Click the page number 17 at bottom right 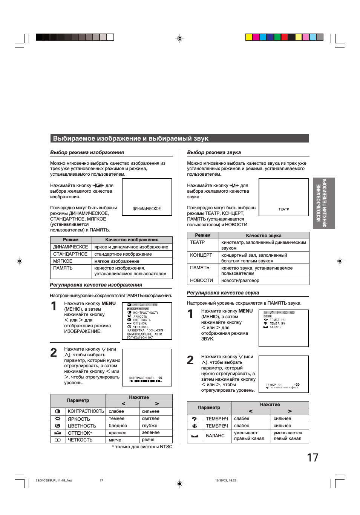pyautogui.click(x=313, y=457)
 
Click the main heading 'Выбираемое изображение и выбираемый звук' pyautogui.click(x=130, y=138)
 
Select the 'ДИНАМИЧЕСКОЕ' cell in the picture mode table pyautogui.click(x=70, y=247)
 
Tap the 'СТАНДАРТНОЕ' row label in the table pyautogui.click(x=70, y=254)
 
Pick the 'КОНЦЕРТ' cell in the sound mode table pyautogui.click(x=201, y=255)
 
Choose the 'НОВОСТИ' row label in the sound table pyautogui.click(x=201, y=280)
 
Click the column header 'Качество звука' pyautogui.click(x=263, y=236)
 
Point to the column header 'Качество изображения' pyautogui.click(x=132, y=240)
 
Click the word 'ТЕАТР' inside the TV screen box pyautogui.click(x=283, y=209)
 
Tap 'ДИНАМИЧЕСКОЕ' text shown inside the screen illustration pyautogui.click(x=147, y=208)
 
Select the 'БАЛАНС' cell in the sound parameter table pyautogui.click(x=215, y=436)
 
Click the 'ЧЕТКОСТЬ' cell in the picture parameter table pyautogui.click(x=80, y=440)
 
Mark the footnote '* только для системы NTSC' pyautogui.click(x=142, y=447)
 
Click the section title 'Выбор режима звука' pyautogui.click(x=214, y=153)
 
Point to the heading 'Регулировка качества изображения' pyautogui.click(x=96, y=285)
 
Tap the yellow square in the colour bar pyautogui.click(x=249, y=37)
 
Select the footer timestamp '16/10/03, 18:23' pyautogui.click(x=225, y=480)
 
